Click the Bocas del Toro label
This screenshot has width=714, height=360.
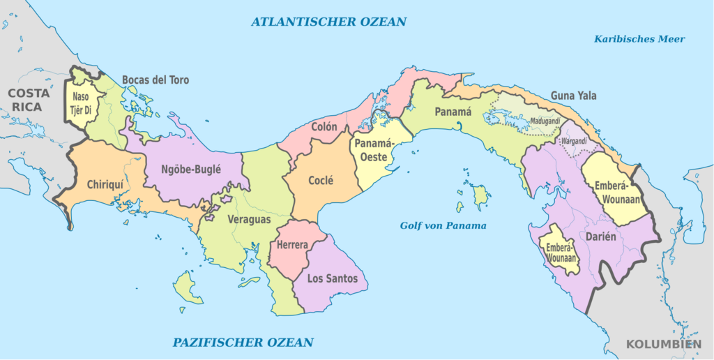tap(155, 80)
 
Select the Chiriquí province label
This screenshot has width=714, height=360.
tap(105, 185)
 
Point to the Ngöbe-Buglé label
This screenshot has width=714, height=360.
tap(190, 169)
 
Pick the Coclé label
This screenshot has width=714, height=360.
tap(321, 180)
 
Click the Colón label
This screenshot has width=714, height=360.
tap(324, 127)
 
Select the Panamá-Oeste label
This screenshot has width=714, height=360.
tap(374, 150)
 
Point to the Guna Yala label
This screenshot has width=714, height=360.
tap(573, 96)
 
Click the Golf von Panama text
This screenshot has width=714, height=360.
tap(443, 225)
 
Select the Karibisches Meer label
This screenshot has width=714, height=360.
tap(639, 39)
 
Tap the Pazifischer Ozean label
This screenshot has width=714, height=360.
tap(243, 343)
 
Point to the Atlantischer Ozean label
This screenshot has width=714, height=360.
tap(328, 22)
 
